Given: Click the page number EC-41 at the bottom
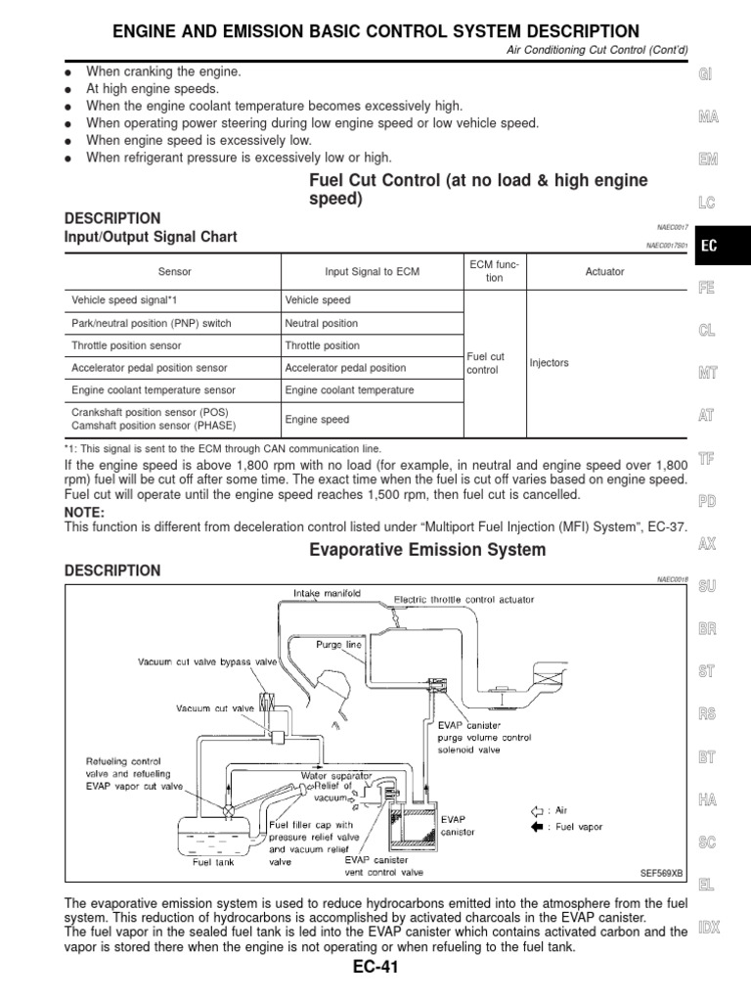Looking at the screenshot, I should [x=376, y=969].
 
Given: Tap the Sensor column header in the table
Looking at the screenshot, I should [x=174, y=271].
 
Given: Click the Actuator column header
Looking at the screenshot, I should [x=603, y=271].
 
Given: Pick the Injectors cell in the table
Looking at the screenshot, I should [x=549, y=363].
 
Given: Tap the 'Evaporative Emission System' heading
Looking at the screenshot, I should [x=427, y=550].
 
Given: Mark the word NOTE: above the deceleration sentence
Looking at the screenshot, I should [x=84, y=513].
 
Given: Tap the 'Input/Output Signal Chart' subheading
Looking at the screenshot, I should [x=151, y=237].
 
